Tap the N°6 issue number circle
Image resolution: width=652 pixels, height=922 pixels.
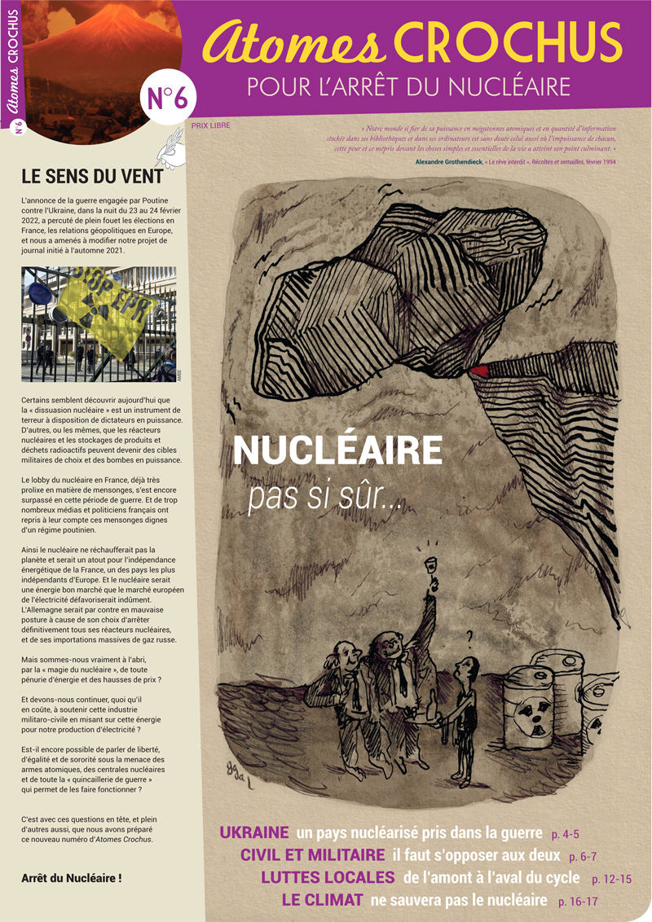[x=168, y=97]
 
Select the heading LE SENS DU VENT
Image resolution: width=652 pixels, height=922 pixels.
[x=92, y=175]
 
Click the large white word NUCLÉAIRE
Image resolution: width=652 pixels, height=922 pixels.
[x=337, y=450]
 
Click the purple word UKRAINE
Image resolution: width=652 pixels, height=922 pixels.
[x=254, y=833]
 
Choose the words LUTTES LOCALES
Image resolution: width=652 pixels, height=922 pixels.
[x=328, y=878]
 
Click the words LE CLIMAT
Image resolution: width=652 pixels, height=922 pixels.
[x=322, y=900]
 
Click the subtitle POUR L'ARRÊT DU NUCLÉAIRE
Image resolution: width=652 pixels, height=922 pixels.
[x=407, y=86]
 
